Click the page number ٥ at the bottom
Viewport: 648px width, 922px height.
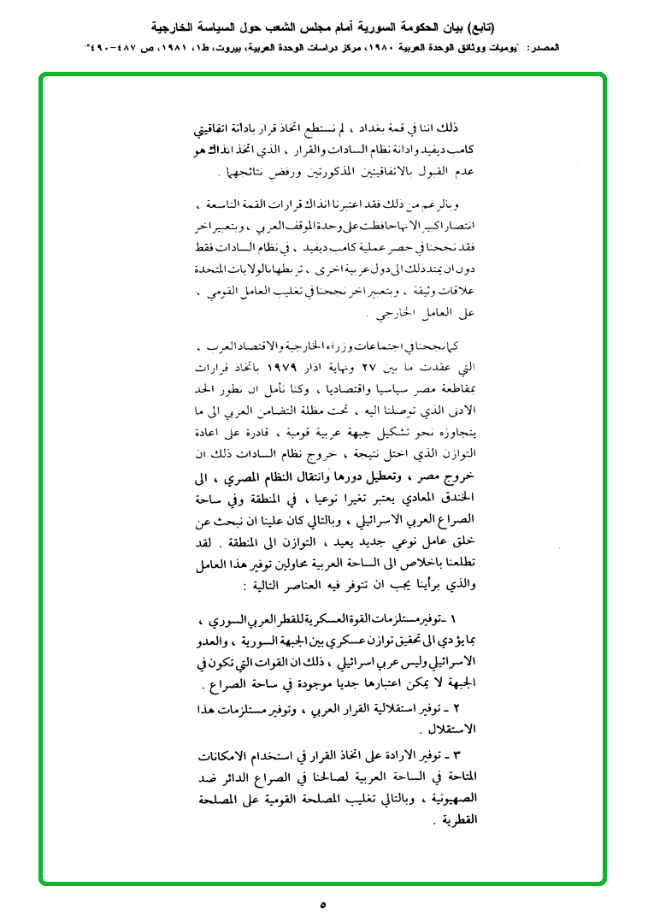coord(323,903)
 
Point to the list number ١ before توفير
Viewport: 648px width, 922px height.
coord(453,617)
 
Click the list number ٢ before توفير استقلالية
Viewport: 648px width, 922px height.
coord(456,708)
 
